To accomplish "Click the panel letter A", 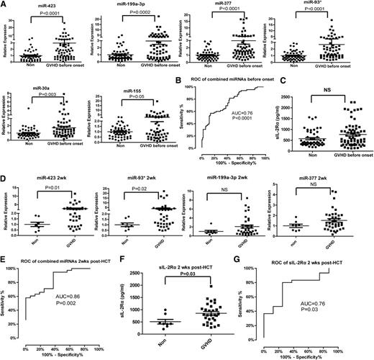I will click(4, 5).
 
